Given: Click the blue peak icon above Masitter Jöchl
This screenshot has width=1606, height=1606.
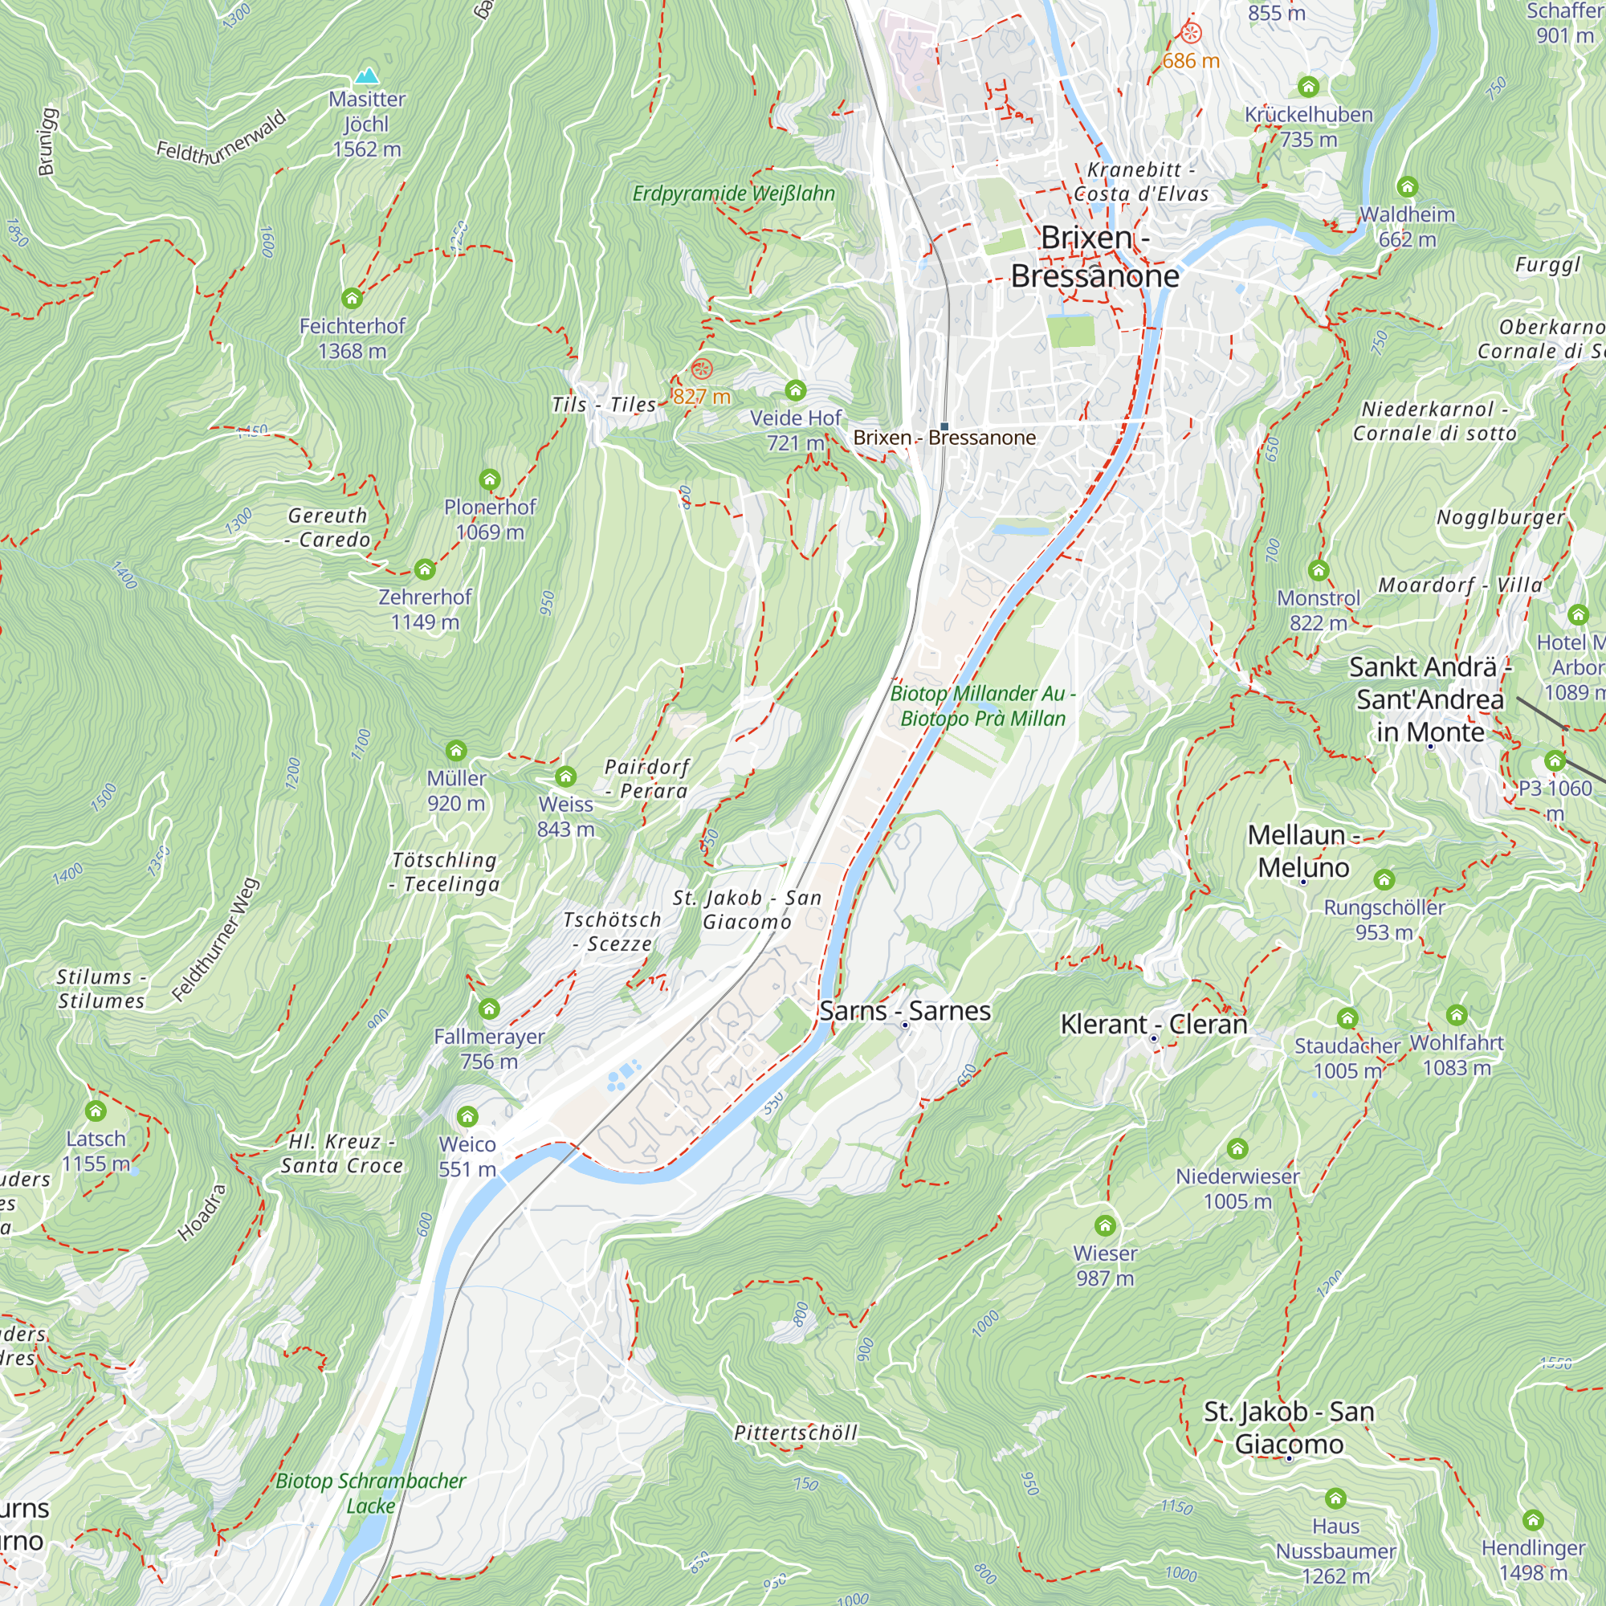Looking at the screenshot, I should tap(367, 76).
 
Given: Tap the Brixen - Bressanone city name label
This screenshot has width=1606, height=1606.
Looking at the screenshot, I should tap(1094, 257).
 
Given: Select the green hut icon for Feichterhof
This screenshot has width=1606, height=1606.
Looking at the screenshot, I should tap(352, 299).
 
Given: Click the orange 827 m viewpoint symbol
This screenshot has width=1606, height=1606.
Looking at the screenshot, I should tap(702, 369).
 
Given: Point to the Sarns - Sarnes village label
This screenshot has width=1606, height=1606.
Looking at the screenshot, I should tap(904, 1011).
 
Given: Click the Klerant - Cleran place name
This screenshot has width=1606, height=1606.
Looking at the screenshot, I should tap(1154, 1024).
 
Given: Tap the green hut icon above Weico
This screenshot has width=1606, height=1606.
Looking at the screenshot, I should tap(467, 1115).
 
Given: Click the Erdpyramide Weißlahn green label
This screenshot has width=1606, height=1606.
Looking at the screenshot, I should tap(733, 194).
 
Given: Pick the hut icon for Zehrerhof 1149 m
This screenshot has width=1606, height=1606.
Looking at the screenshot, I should tap(425, 569).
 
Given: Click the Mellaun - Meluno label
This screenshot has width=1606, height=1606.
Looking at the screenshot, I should tap(1303, 850).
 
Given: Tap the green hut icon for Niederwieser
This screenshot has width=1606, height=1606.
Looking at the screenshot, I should tap(1237, 1149).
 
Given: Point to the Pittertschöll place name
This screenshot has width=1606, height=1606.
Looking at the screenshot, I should tap(796, 1433).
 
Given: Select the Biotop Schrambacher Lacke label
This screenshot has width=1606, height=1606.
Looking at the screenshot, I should tap(371, 1493).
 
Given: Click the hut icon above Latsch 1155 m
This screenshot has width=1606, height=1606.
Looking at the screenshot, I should tap(96, 1111).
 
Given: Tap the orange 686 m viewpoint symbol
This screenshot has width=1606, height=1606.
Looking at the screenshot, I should tap(1190, 34).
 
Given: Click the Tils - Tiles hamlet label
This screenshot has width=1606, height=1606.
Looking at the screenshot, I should tap(605, 405).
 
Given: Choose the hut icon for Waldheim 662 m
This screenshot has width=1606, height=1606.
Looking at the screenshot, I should tap(1407, 186).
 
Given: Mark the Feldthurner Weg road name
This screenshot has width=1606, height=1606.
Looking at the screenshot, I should tap(215, 940).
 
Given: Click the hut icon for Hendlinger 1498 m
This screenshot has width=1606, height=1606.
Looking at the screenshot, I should tap(1533, 1519).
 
